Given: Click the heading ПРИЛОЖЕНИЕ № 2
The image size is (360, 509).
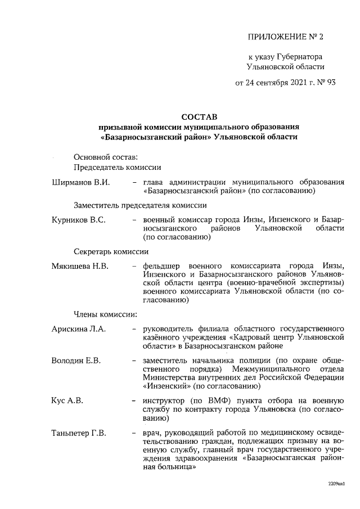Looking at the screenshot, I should (x=286, y=38).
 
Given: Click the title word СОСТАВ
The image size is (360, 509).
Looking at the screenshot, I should (x=199, y=117).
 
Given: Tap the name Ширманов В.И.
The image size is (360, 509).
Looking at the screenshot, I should (x=80, y=182).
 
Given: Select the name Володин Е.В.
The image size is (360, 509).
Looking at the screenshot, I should (x=75, y=360).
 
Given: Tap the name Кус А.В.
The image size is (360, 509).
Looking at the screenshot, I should (x=67, y=401).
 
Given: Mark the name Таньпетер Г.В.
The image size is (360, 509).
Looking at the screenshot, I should (x=82, y=433).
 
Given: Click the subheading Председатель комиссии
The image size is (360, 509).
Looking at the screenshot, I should (x=117, y=167).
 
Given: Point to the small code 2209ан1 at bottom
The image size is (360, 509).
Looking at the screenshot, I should (x=336, y=483).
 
